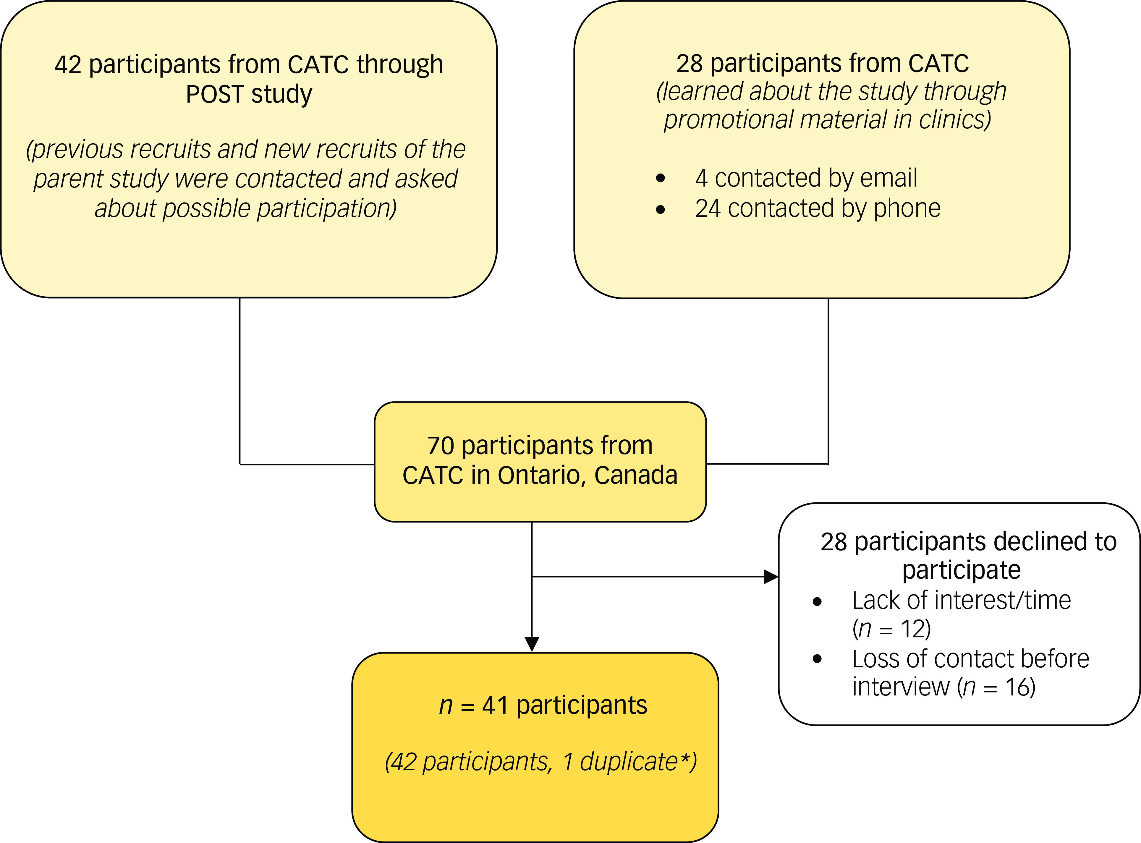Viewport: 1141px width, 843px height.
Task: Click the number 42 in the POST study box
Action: [x=68, y=65]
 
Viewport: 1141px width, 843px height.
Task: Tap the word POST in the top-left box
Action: [x=214, y=94]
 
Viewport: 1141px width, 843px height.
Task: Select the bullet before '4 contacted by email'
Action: [x=660, y=178]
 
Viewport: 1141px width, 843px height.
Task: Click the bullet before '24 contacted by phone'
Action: [x=660, y=209]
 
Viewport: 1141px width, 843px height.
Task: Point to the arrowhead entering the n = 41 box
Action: [x=532, y=644]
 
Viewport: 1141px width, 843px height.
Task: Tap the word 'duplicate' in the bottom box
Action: [x=629, y=762]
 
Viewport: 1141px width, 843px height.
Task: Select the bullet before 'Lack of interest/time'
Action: [x=817, y=602]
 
